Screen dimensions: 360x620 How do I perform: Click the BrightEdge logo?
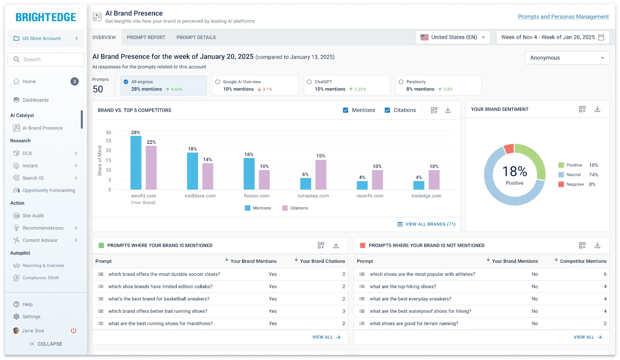click(x=46, y=17)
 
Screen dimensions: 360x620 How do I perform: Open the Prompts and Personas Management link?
click(x=563, y=17)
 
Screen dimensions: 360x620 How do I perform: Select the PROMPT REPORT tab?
click(x=146, y=38)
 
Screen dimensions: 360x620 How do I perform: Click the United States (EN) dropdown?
click(x=453, y=37)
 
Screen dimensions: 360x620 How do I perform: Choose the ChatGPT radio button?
click(x=309, y=82)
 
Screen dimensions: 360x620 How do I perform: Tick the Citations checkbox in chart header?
click(x=387, y=110)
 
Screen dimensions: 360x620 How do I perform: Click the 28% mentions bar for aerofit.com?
click(x=136, y=163)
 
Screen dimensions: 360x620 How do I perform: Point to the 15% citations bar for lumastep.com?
click(x=321, y=175)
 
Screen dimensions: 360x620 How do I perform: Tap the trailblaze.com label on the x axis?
click(x=200, y=196)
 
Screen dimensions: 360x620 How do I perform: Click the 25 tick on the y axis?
click(x=108, y=141)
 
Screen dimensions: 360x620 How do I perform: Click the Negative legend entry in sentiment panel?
click(x=575, y=184)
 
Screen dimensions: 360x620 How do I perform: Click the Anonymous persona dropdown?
click(x=567, y=58)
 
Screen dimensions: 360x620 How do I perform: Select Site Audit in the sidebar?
click(x=33, y=216)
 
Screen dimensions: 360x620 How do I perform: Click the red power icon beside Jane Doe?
click(x=74, y=331)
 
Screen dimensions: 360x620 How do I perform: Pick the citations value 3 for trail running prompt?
click(x=343, y=311)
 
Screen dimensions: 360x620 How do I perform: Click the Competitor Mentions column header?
click(x=583, y=261)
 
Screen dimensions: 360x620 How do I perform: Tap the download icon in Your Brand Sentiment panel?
click(x=597, y=109)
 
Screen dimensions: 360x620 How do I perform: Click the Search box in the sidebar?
click(x=46, y=59)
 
